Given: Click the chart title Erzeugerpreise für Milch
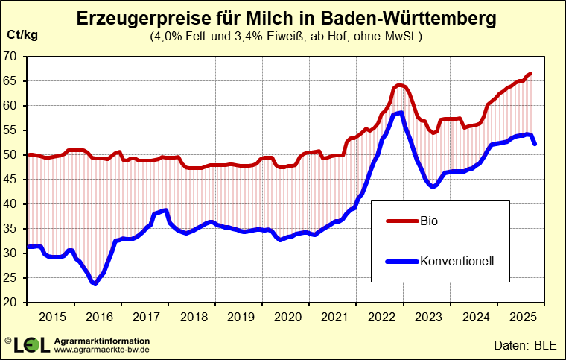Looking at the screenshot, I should point(286,19).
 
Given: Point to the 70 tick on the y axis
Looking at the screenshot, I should point(10,57).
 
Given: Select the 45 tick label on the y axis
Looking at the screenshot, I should point(10,180).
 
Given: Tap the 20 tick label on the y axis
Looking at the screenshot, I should point(10,303).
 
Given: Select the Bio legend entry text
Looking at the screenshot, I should point(430,221).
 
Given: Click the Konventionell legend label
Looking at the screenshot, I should point(458,261).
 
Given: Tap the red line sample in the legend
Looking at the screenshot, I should point(402,221).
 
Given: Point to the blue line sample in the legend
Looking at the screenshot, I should point(402,261).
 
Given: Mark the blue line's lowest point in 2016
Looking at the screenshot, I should point(95,283).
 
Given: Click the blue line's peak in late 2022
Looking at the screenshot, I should point(401,113).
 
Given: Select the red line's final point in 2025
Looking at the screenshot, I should point(530,73).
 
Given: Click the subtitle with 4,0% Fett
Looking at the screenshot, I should point(286,36).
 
